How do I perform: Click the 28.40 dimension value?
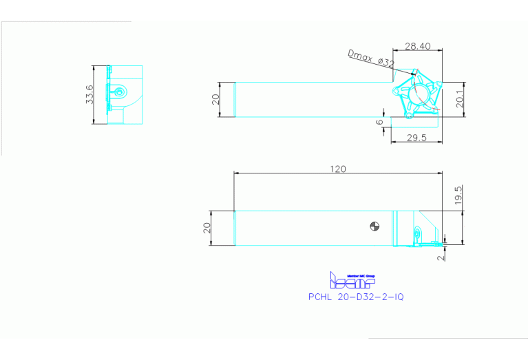[417, 46]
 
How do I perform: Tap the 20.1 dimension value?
[460, 100]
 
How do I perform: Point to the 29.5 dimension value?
[416, 138]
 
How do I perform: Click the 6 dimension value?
[379, 121]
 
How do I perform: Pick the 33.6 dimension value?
[89, 95]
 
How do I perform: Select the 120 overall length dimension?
[337, 169]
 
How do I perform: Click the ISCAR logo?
[351, 280]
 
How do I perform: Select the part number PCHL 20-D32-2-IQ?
[355, 297]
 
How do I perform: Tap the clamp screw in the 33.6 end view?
[120, 92]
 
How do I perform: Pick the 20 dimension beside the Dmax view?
[215, 99]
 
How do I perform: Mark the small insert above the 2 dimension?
[419, 236]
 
